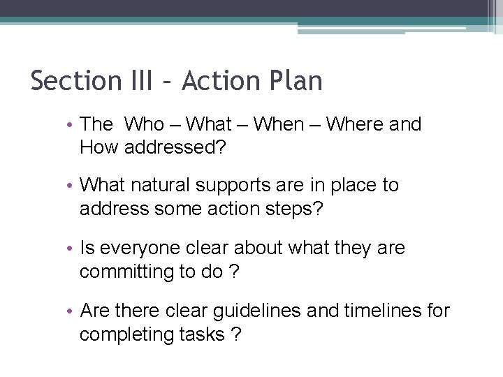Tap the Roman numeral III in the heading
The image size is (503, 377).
140,81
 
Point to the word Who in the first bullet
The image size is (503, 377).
144,125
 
